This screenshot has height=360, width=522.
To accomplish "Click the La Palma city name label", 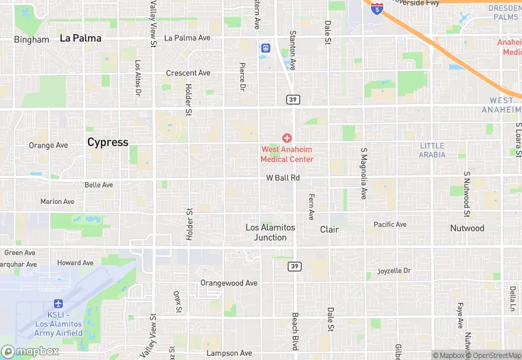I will tap(80, 38).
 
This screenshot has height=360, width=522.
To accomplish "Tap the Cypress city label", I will tap(108, 142).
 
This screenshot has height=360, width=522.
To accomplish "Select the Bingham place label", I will tap(32, 40).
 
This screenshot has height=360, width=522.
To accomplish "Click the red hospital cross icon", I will tap(287, 138).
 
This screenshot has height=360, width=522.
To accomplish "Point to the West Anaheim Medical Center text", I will tap(287, 155).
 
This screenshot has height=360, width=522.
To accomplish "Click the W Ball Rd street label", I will tap(283, 178).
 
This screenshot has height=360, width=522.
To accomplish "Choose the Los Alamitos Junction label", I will tap(271, 232).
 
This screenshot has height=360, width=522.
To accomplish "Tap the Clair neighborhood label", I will tap(330, 229).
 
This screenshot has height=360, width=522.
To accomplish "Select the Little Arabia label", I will tap(432, 150).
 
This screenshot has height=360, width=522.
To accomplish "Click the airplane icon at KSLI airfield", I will tap(58, 304).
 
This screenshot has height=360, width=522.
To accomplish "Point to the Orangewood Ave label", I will tap(229, 283).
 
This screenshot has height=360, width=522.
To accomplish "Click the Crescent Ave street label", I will tap(188, 73).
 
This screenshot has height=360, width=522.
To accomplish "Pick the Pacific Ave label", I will tap(390, 225).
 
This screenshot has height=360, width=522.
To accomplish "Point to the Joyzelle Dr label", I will tap(394, 271).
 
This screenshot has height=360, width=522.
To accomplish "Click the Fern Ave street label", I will tap(311, 206).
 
